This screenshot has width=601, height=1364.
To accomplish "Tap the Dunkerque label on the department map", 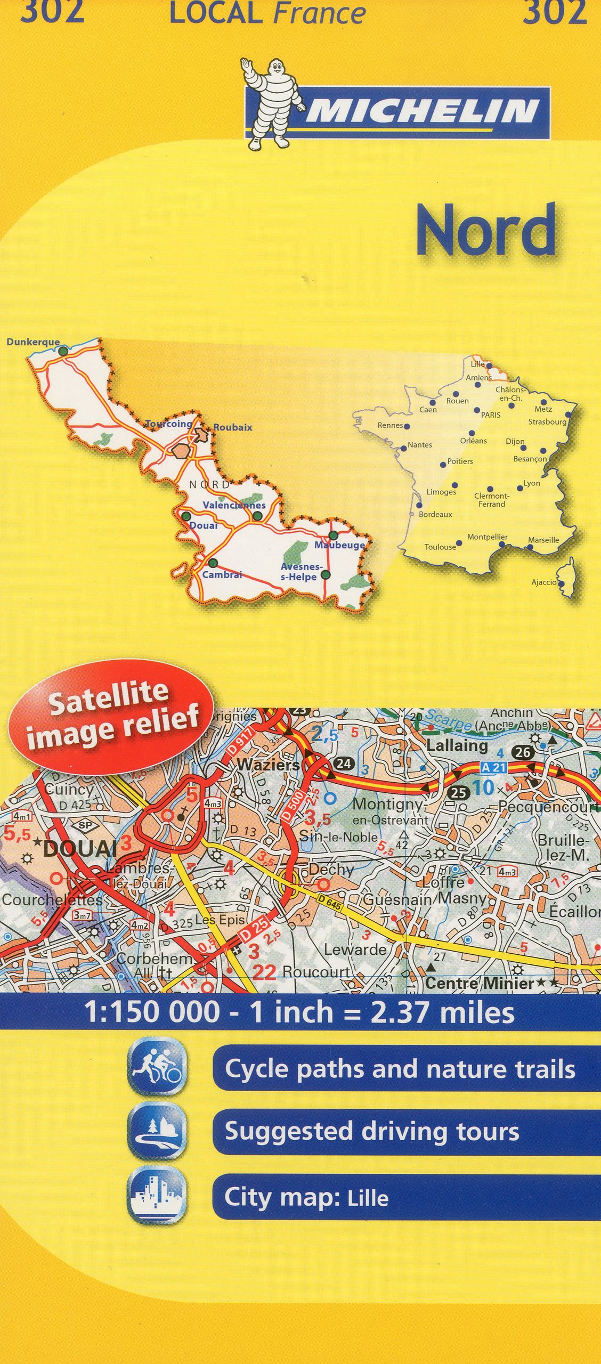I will pyautogui.click(x=33, y=342).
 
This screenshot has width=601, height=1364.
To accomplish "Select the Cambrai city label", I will pyautogui.click(x=222, y=574).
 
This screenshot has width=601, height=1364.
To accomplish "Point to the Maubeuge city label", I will pyautogui.click(x=339, y=545).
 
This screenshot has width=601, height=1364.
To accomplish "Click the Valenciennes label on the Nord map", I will pyautogui.click(x=234, y=505).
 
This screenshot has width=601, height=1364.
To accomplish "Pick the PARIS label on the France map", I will pyautogui.click(x=491, y=415).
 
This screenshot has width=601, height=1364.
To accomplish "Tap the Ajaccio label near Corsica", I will pyautogui.click(x=544, y=582).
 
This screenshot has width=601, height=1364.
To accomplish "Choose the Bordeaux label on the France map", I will pyautogui.click(x=435, y=515).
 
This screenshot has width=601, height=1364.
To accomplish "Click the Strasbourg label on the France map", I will pyautogui.click(x=547, y=422).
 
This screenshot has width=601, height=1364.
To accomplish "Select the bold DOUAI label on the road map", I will pyautogui.click(x=80, y=848).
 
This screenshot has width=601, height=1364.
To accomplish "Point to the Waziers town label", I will pyautogui.click(x=268, y=765).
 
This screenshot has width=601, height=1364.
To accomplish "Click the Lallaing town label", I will pyautogui.click(x=457, y=745).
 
